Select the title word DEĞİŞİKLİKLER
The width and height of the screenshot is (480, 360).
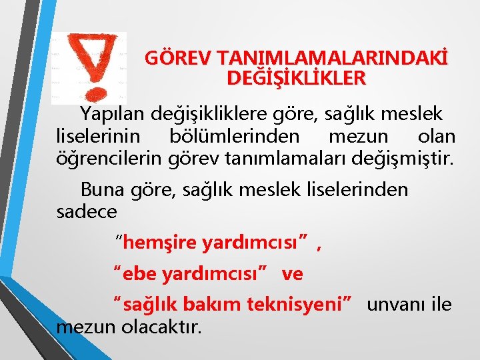296,78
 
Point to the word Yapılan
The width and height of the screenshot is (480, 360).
110,113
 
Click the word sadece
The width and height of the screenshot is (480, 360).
87,212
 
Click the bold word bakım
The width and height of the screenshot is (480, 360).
217,305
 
